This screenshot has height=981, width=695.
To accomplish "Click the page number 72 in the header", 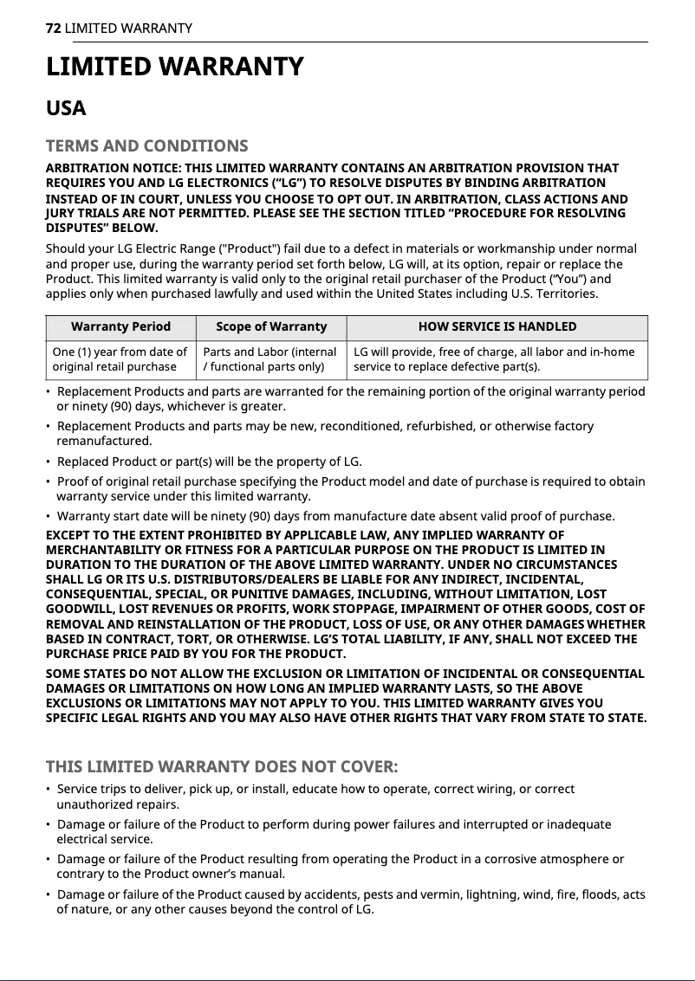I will coord(53,29).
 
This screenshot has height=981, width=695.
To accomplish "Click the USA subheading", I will coord(66,108).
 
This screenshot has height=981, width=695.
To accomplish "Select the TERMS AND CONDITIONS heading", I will coord(146,145).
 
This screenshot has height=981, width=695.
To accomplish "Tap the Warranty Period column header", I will coord(120,326).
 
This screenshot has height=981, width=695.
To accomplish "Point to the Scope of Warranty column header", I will coord(270,326).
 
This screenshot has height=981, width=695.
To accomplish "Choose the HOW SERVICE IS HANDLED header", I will coord(497,326).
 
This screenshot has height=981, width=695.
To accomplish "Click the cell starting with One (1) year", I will coord(120,358).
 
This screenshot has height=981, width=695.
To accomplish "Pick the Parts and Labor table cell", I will coord(270,358).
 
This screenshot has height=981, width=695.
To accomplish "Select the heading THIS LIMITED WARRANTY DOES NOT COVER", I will coord(222,766).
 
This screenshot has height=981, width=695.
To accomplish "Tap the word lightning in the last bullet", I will coord(471,894).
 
